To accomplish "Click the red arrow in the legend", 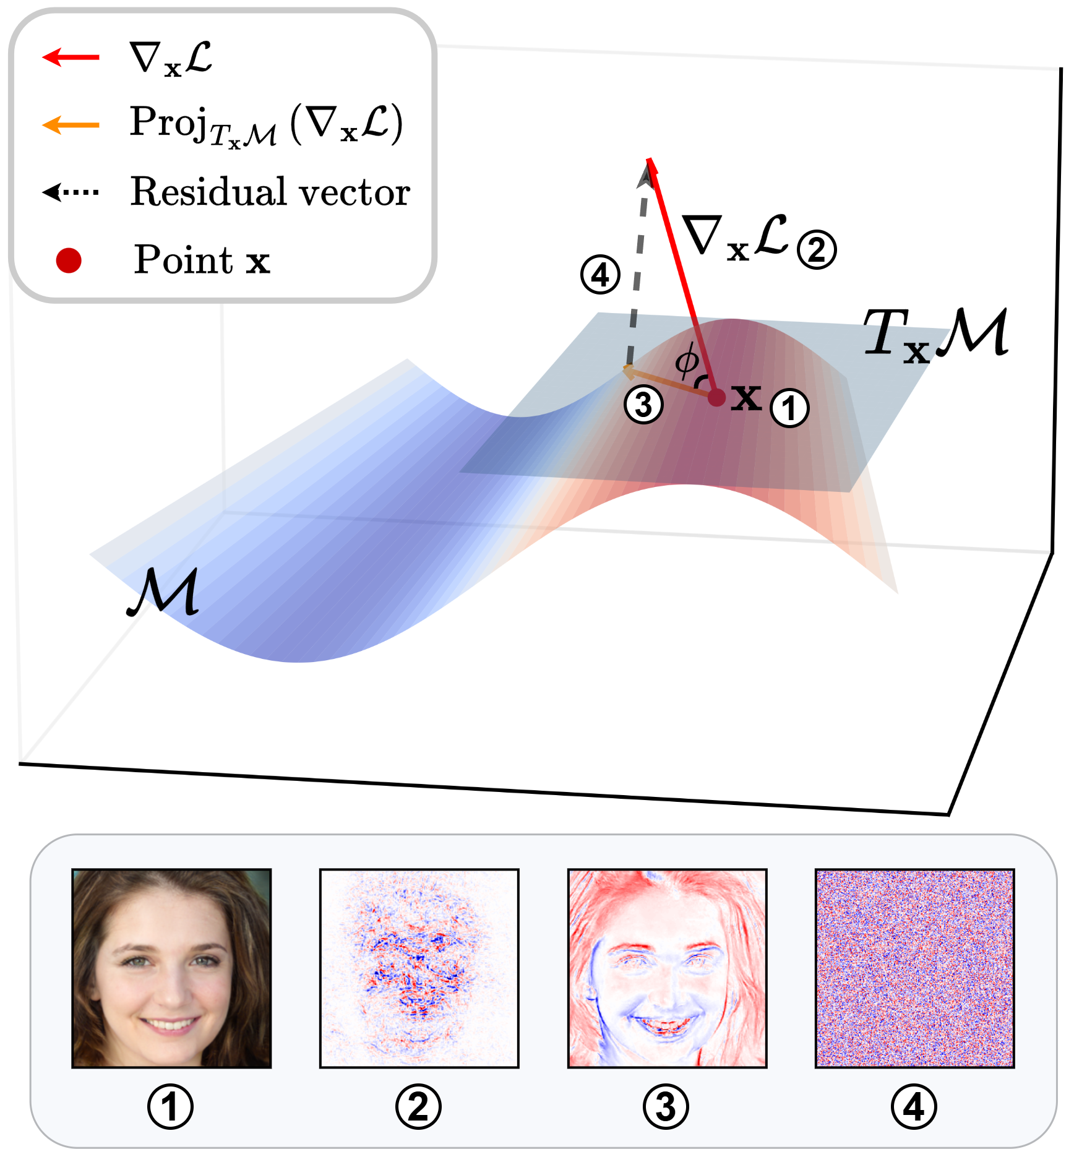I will [x=71, y=58].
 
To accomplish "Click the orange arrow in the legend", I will [x=71, y=125].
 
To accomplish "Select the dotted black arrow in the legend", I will [x=71, y=192].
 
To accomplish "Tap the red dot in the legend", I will [x=69, y=260].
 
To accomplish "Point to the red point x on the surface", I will [x=716, y=397].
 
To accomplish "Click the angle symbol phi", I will [x=687, y=362].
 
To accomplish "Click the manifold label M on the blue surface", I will [x=163, y=592].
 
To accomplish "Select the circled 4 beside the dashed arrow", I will [x=600, y=275].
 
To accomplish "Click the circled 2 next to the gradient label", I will [x=817, y=250].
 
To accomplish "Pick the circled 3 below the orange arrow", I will [x=643, y=405].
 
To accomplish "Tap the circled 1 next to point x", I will [x=789, y=408].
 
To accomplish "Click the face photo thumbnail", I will [x=171, y=968].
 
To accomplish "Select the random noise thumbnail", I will [x=914, y=968].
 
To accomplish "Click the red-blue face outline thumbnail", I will [x=667, y=968].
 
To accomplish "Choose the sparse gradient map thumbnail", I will [x=419, y=968].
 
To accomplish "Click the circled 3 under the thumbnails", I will [x=666, y=1107].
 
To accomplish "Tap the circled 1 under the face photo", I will [x=170, y=1107].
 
